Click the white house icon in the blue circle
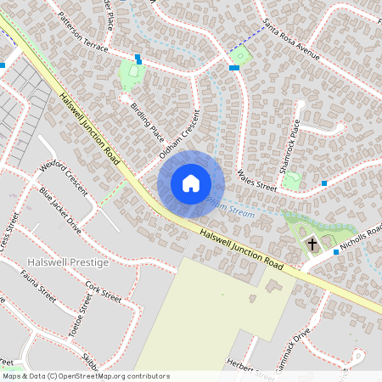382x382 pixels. point(191,183)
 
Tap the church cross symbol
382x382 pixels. point(312,244)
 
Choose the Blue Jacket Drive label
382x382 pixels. point(60,211)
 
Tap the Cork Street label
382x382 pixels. point(104,293)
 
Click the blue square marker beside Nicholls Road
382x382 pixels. point(336,252)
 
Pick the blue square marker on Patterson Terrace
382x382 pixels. point(138,58)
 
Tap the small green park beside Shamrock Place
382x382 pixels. point(292,180)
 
